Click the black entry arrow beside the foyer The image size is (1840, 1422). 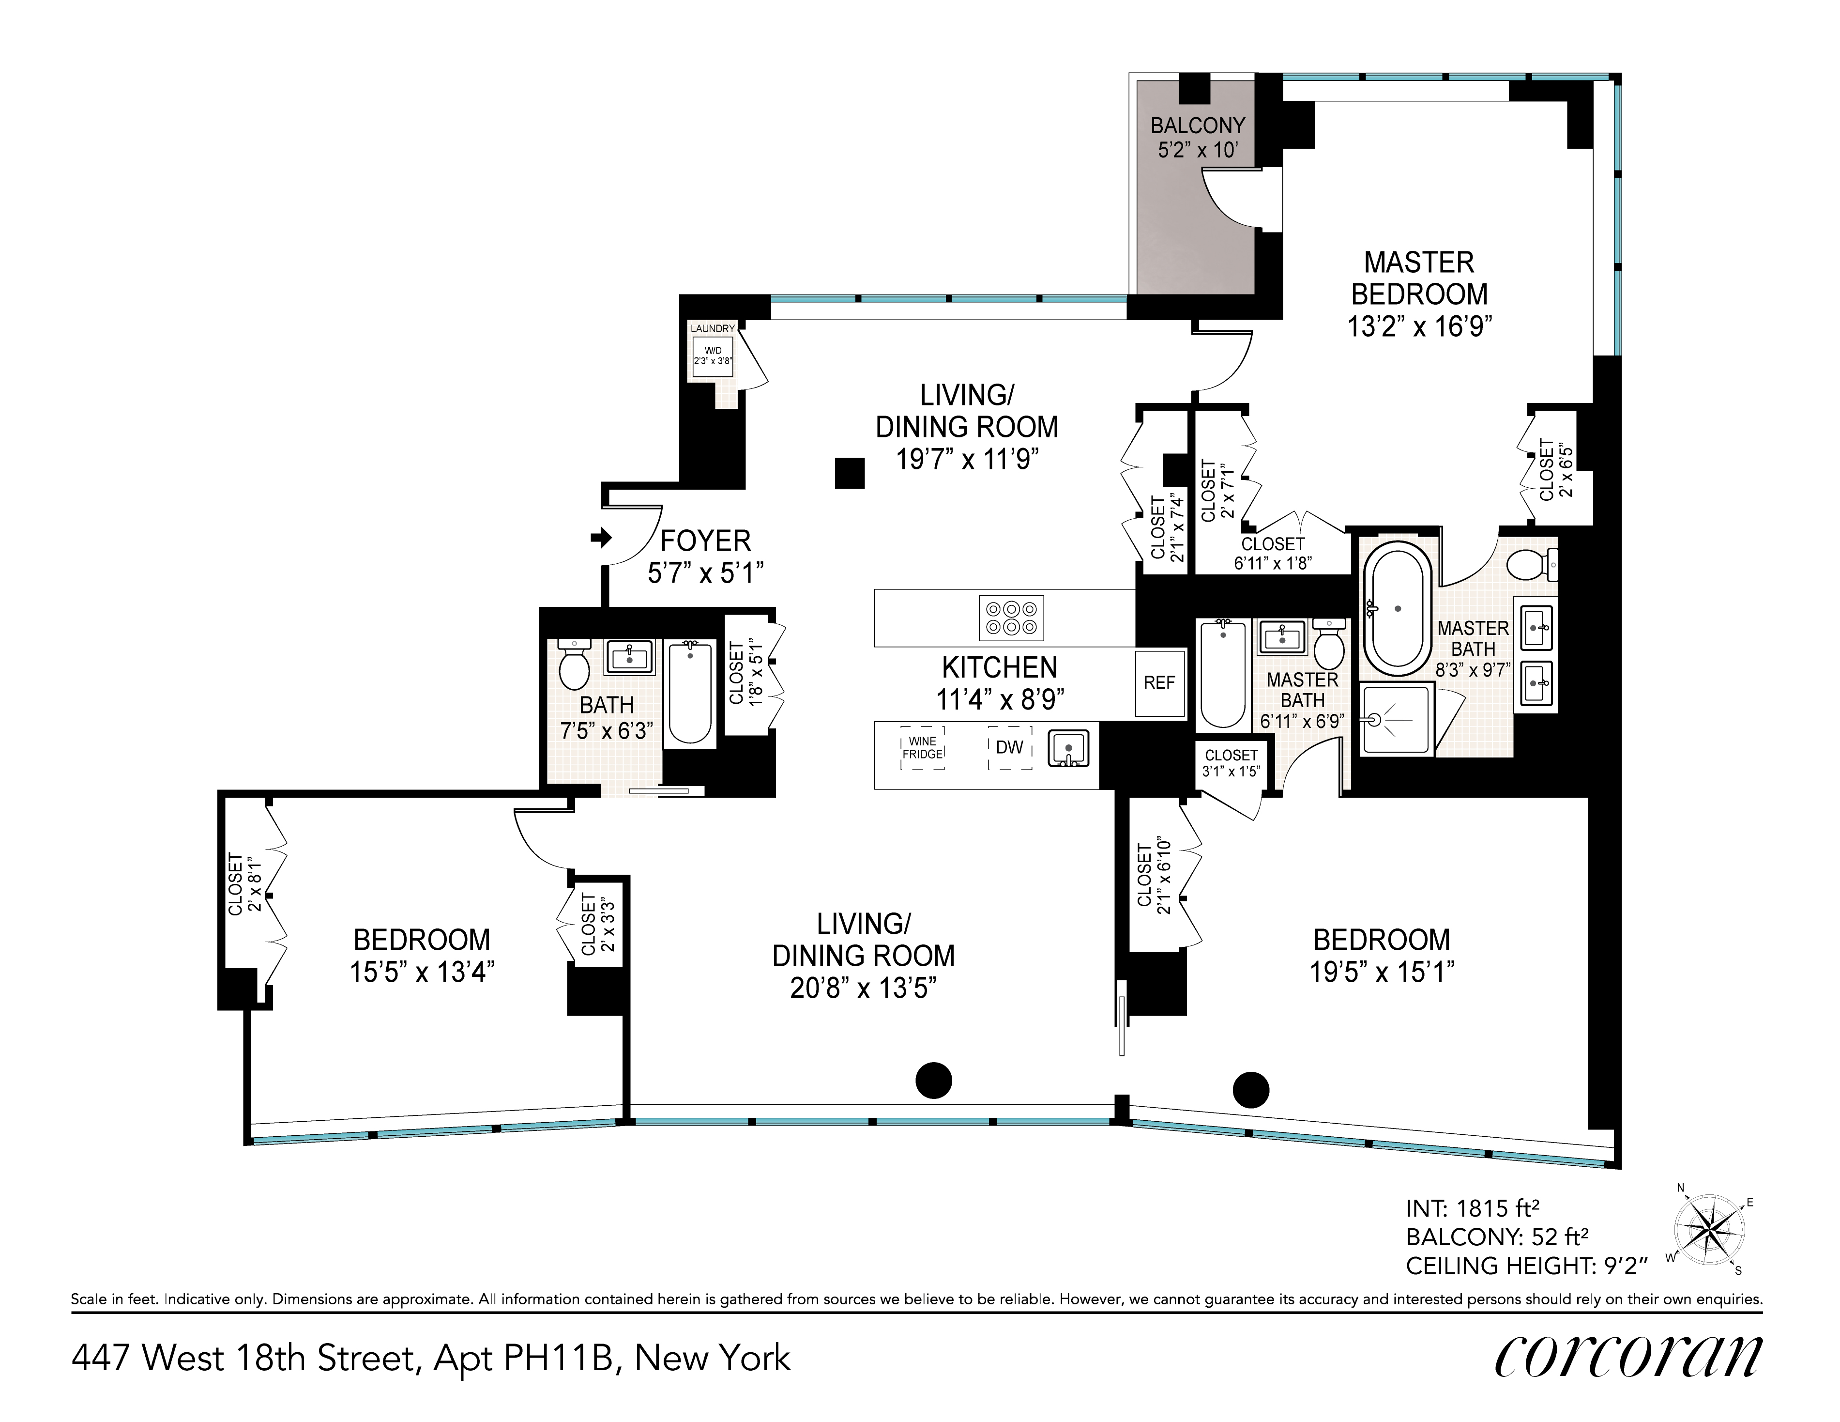tap(601, 537)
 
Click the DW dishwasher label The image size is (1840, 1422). tap(1009, 747)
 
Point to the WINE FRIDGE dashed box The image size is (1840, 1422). tap(923, 748)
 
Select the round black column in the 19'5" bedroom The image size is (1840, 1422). tap(1251, 1090)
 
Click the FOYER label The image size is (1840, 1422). tap(705, 541)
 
